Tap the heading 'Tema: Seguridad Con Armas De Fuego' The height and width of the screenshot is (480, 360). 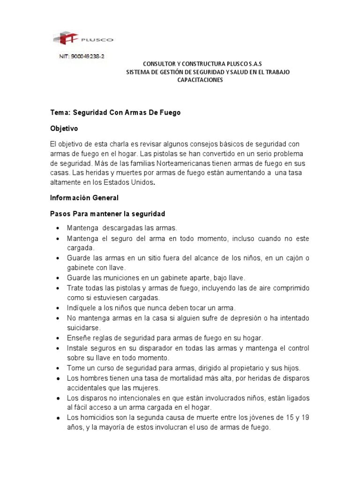[x=115, y=112]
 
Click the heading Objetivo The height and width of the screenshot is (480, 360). [x=64, y=127]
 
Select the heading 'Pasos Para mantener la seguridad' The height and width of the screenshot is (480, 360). [x=108, y=214]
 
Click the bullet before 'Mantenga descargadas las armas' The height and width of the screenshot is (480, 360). [x=57, y=228]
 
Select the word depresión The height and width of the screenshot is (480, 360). [x=240, y=318]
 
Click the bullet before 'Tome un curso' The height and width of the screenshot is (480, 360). [x=57, y=368]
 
